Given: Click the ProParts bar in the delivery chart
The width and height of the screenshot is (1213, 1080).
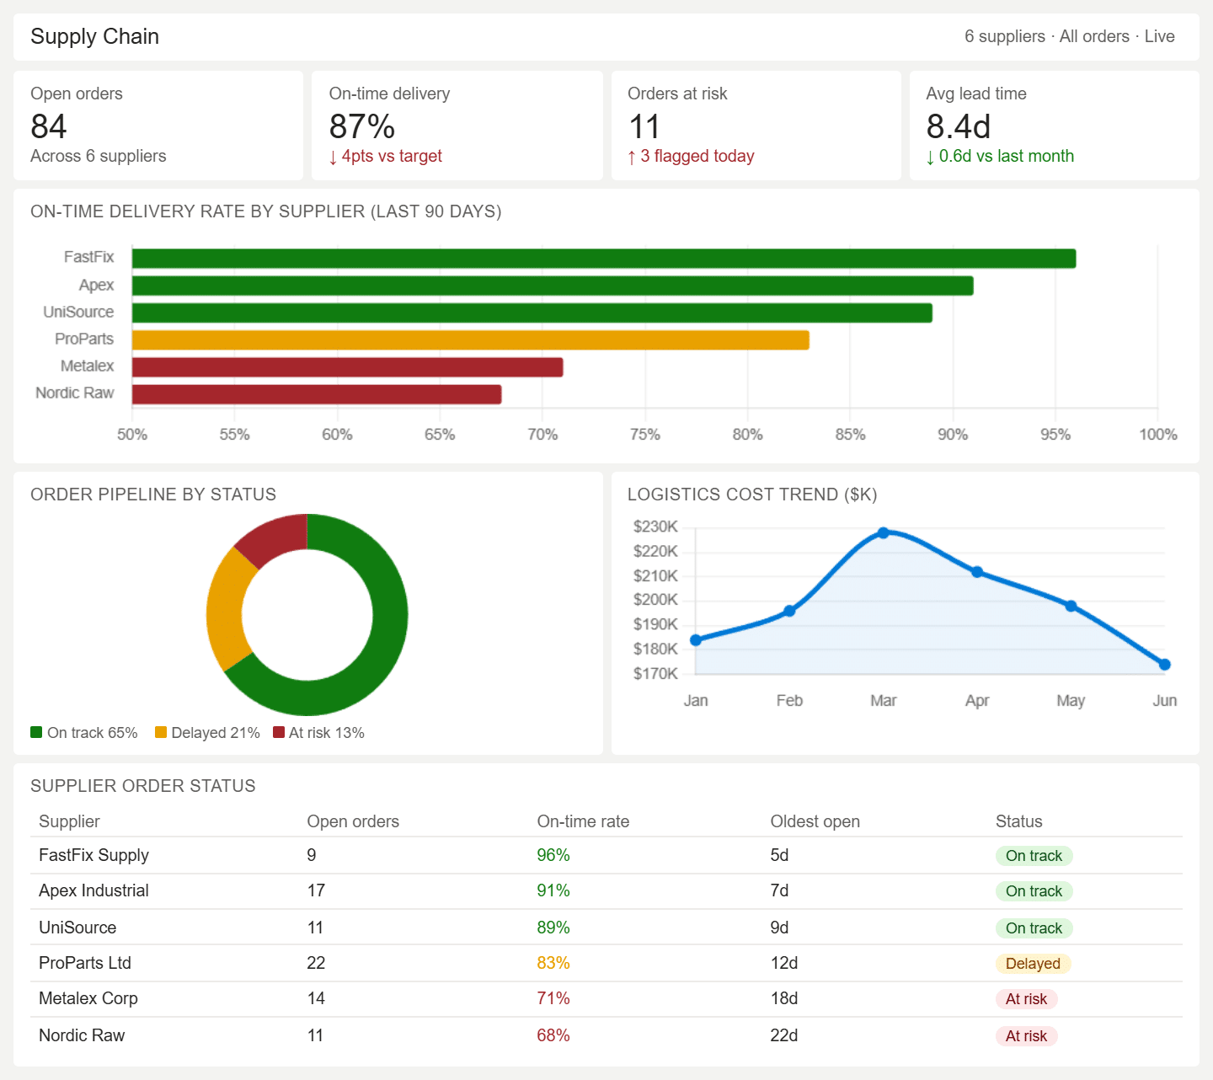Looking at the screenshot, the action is [x=471, y=340].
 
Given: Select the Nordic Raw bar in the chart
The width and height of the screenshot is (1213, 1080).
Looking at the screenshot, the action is [x=317, y=394].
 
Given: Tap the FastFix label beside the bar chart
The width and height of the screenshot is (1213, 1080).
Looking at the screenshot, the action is [x=88, y=257].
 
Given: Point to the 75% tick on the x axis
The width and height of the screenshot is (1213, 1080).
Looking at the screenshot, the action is [x=644, y=434].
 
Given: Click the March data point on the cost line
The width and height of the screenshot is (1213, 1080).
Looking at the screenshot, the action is [x=883, y=532].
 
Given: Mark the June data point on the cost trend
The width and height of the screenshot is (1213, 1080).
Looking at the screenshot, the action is [x=1164, y=665].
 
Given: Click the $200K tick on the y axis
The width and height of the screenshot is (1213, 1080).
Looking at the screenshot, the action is [x=655, y=599].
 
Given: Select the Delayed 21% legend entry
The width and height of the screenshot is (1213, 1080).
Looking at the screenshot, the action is [x=207, y=732].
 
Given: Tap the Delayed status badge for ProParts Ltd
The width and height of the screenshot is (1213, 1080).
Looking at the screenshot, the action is [x=1033, y=963].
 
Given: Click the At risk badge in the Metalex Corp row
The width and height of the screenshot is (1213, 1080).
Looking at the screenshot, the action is [x=1026, y=998].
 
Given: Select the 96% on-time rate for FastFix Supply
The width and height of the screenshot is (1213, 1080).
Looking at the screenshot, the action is [x=553, y=855].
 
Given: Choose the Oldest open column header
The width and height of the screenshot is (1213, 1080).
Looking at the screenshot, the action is [x=815, y=821].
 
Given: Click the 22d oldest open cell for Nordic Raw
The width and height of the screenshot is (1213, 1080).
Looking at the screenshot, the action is [x=783, y=1035].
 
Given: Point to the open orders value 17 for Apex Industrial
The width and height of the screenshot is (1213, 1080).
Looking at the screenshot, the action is [x=316, y=890].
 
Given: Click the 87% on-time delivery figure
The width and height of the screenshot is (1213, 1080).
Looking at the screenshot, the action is [x=362, y=126].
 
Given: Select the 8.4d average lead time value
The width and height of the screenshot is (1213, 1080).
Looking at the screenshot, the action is [x=959, y=126].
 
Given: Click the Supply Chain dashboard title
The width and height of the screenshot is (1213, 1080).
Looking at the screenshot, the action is [x=94, y=36].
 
